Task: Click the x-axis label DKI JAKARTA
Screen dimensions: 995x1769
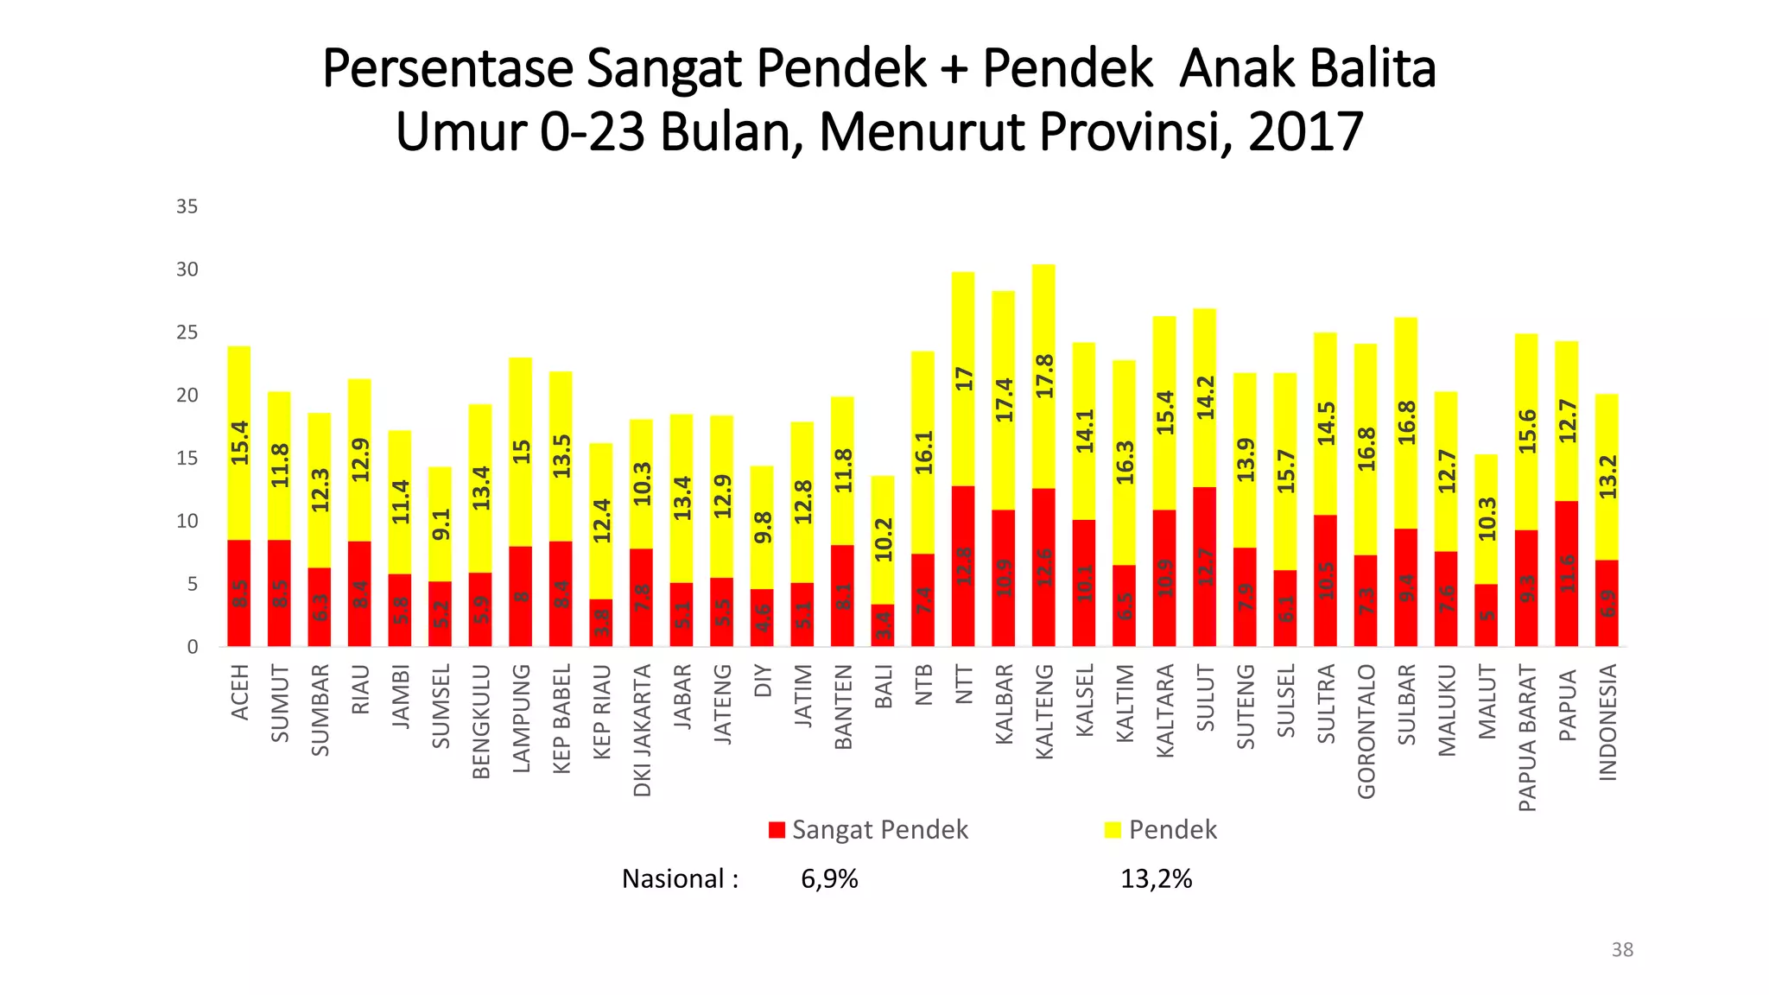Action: point(642,730)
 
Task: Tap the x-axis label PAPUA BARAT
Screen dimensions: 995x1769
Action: point(1526,738)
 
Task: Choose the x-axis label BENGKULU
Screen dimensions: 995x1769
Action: point(481,721)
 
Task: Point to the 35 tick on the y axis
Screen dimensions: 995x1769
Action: point(187,206)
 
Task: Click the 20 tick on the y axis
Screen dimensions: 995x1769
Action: point(187,396)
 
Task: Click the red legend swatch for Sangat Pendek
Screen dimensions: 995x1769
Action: point(777,830)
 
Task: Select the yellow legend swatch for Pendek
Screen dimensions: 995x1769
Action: point(1113,830)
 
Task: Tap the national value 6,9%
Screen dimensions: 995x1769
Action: point(829,879)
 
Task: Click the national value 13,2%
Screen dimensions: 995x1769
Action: point(1156,879)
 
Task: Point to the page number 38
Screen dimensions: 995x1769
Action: point(1622,950)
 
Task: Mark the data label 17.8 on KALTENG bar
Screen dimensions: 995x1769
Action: point(1044,376)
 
